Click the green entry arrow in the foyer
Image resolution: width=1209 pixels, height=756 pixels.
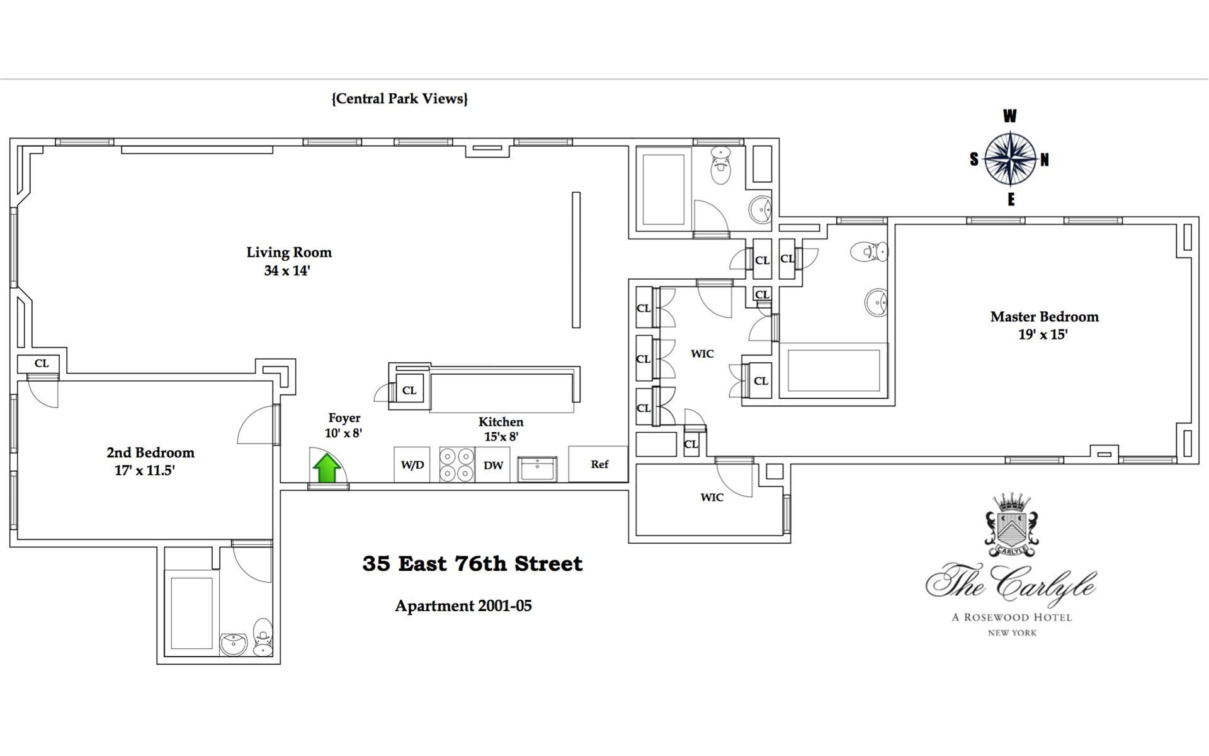(327, 469)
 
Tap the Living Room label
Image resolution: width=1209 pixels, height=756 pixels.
(288, 253)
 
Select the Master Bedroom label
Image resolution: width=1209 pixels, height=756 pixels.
(1044, 317)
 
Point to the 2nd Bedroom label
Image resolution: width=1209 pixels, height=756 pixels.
(150, 452)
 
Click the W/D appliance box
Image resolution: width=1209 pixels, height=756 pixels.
(412, 465)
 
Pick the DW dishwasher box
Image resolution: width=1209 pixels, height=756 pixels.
(493, 466)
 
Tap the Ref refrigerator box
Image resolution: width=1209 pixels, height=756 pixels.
(599, 464)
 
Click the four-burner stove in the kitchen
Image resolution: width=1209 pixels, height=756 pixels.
(457, 465)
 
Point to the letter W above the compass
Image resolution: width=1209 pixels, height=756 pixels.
(1009, 116)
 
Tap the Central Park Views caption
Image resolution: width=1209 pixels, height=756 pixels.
(399, 99)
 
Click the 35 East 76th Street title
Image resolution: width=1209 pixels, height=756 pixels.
(472, 563)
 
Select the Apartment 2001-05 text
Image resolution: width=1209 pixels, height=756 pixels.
(463, 606)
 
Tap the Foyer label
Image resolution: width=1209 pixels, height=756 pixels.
(344, 418)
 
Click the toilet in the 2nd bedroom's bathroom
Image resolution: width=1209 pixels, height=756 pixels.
(263, 636)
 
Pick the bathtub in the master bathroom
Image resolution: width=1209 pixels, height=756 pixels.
(833, 370)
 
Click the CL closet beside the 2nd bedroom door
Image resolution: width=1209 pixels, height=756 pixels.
(41, 364)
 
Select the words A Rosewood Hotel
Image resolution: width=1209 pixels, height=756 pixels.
(1011, 617)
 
